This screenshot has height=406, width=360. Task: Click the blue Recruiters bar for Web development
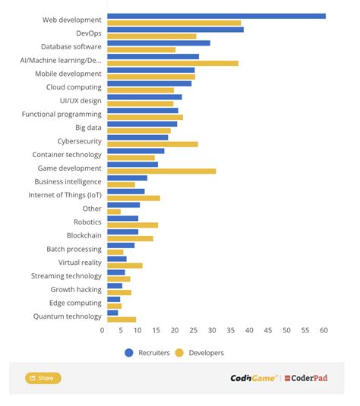(216, 16)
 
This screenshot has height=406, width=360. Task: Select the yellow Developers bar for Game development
(161, 172)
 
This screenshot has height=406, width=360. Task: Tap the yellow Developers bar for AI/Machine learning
(172, 63)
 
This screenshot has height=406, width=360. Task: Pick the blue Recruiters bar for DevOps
(175, 30)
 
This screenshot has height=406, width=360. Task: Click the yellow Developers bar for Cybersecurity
(152, 144)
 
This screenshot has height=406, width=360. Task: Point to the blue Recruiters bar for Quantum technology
(112, 313)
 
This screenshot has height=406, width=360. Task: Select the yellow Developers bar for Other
(114, 212)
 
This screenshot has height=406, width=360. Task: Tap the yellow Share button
(43, 378)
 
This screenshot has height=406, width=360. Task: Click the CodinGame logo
(254, 378)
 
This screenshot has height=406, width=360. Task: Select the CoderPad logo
(306, 378)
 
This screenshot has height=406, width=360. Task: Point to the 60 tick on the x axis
(324, 330)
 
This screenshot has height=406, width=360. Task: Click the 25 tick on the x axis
(194, 330)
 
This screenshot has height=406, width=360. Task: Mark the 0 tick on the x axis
(103, 330)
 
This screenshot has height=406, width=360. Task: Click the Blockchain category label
(84, 236)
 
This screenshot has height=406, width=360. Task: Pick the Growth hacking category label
(76, 290)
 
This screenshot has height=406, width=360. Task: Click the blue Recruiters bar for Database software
(159, 43)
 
